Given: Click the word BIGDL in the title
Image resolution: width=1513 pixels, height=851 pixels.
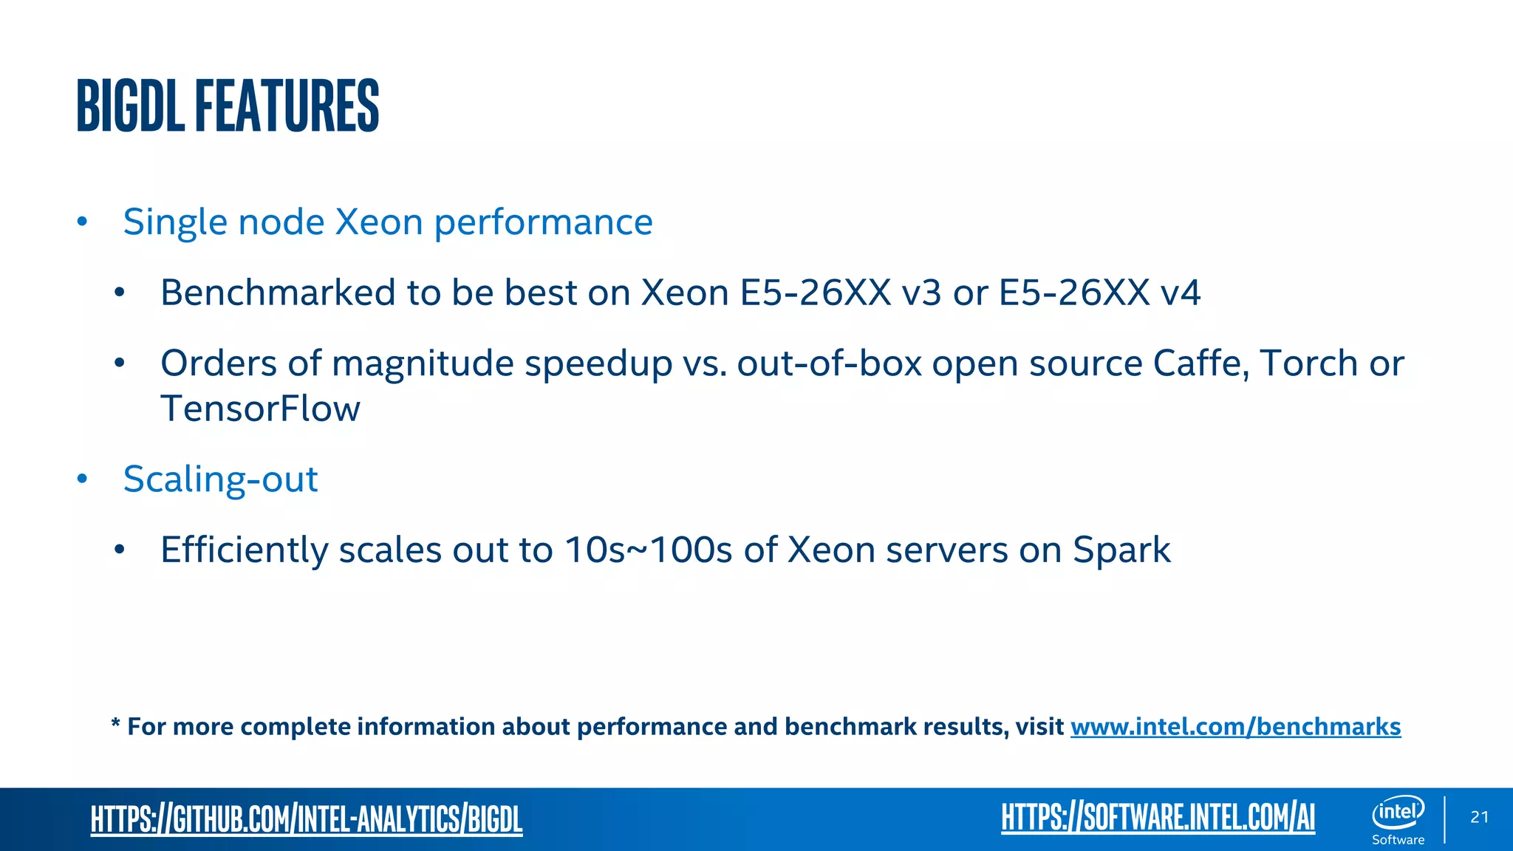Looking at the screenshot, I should [130, 106].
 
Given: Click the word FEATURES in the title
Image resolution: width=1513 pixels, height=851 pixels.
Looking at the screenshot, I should [287, 106].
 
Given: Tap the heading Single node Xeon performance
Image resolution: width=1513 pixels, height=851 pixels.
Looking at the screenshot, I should [387, 222].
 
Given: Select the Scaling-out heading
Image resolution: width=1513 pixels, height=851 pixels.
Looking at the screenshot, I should [220, 479].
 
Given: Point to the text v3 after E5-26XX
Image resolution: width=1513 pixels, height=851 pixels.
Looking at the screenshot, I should [921, 293].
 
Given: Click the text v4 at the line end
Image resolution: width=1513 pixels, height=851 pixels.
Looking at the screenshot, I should [1181, 293].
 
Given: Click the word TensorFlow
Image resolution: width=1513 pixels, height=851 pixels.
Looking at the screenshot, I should [260, 409].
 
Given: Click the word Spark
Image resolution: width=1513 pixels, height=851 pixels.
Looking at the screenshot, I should [1121, 550].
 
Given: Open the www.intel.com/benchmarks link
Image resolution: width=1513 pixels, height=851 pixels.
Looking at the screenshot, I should [1235, 727].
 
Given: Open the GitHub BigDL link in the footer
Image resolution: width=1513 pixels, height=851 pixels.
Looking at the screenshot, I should [307, 819].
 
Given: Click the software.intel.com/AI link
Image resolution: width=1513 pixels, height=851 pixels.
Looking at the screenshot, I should [1158, 818].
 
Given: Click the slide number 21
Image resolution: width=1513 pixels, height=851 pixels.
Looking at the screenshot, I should [1479, 817].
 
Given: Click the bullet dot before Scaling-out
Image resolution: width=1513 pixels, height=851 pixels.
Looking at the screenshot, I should [82, 479].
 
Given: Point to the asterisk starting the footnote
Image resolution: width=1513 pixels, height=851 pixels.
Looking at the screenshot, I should [116, 722].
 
